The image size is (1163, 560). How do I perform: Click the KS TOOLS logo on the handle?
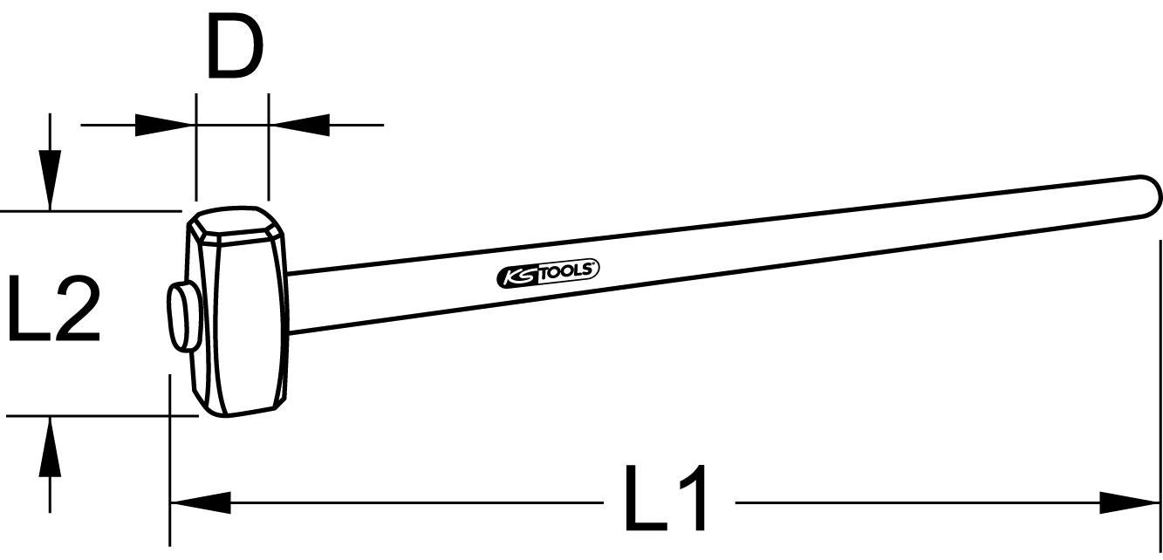548,273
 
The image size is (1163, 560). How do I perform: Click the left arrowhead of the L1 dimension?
200,503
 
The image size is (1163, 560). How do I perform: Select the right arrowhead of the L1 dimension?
1129,503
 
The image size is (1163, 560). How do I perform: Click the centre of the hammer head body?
240,314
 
